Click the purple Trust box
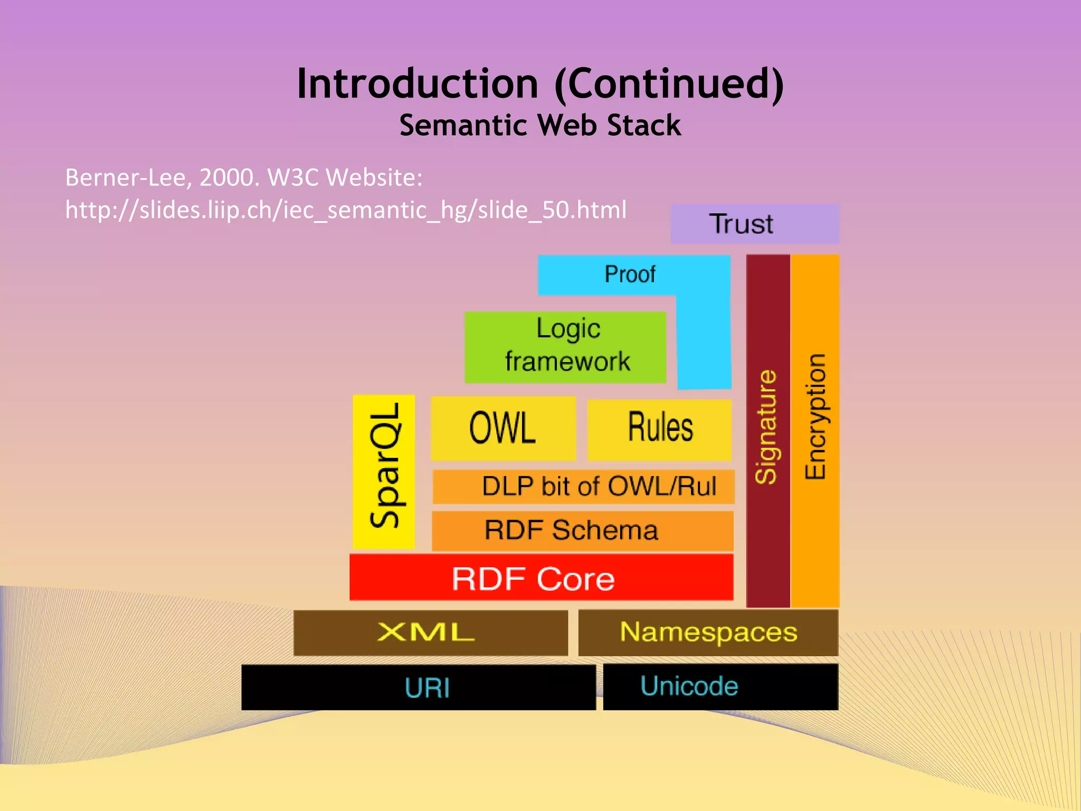pos(754,224)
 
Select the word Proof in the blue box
pos(630,275)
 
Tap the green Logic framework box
pos(565,347)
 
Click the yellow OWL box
pos(502,428)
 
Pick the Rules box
pos(659,428)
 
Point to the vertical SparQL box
pos(384,471)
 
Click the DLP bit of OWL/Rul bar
pos(583,486)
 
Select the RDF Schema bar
pos(582,531)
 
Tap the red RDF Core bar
pos(541,578)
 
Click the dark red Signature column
pos(767,430)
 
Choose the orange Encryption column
pos(815,430)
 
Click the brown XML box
pos(430,633)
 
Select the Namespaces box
pos(708,633)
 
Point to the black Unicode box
pos(720,686)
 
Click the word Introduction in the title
pos(417,84)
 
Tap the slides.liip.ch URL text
pos(346,210)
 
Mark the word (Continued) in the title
pos(669,84)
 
